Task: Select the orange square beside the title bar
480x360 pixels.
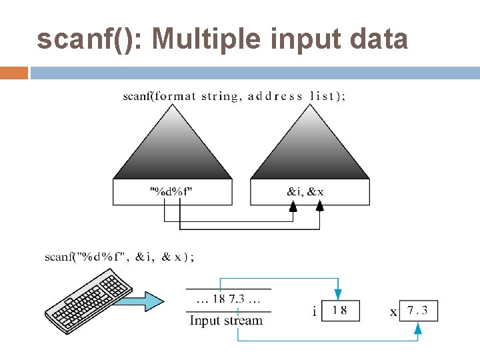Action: tap(13, 73)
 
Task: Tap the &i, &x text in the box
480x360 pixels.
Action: tap(305, 192)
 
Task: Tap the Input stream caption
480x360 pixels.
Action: tap(226, 321)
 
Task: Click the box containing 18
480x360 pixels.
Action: tap(340, 310)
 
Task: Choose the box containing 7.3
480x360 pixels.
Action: tap(419, 310)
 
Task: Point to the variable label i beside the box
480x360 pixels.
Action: tap(314, 311)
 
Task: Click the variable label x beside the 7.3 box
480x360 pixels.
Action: tap(393, 311)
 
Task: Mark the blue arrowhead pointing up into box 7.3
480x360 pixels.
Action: tap(418, 327)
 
